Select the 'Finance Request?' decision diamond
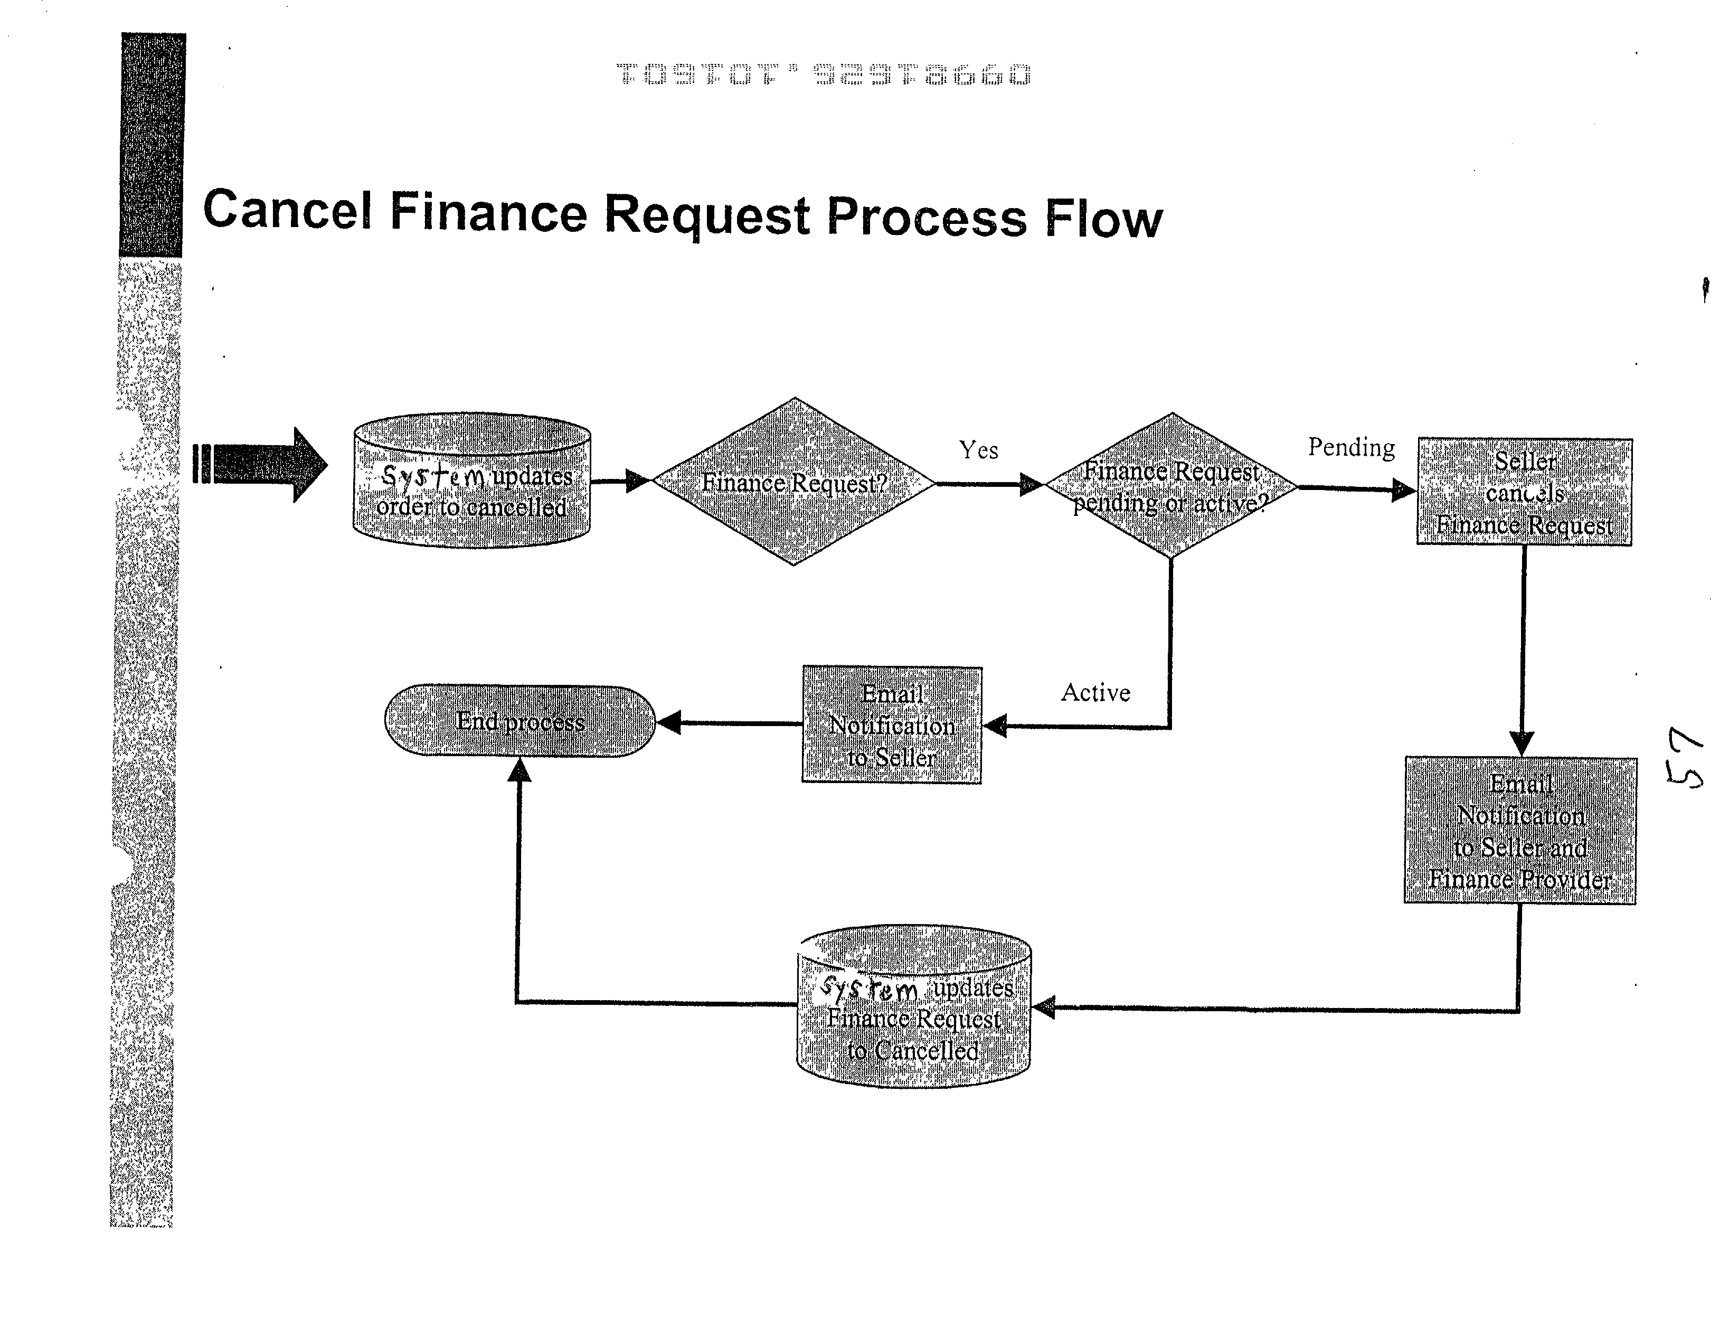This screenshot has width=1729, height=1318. click(x=794, y=482)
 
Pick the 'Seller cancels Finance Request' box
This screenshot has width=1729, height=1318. click(x=1524, y=492)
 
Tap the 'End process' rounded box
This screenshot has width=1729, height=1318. click(x=519, y=721)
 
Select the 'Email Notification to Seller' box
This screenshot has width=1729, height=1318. click(x=891, y=725)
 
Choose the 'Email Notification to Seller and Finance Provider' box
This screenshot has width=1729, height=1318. click(x=1519, y=830)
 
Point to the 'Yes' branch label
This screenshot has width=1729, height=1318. click(x=978, y=450)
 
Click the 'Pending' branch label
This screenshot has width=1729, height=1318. click(x=1351, y=447)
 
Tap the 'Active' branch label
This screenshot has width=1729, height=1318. click(x=1095, y=693)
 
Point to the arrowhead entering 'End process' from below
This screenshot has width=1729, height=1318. click(x=518, y=770)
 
